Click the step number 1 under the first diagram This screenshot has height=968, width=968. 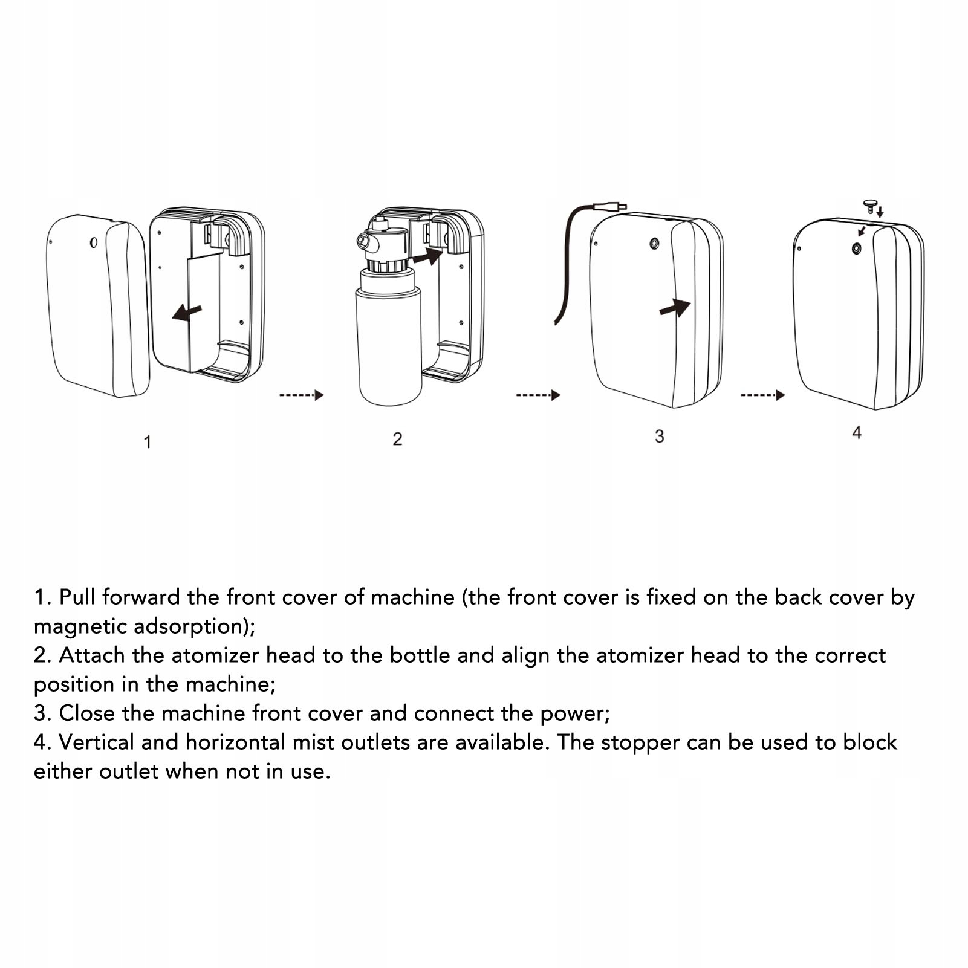point(148,442)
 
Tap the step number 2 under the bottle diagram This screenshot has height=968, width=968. point(397,439)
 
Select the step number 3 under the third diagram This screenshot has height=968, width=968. point(660,437)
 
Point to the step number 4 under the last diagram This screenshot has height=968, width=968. point(857,433)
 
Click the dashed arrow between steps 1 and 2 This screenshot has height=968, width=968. point(301,395)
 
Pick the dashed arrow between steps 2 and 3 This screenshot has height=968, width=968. point(538,395)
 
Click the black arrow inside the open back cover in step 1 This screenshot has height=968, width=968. point(187,312)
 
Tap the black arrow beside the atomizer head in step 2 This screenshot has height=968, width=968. point(427,256)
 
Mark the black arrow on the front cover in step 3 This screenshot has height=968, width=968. point(675,308)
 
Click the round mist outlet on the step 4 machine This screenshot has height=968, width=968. point(856,248)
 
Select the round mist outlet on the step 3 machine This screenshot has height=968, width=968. point(654,244)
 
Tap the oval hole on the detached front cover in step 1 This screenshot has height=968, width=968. point(94,242)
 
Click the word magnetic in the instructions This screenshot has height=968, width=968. point(80,626)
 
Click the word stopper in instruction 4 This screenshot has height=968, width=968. point(640,742)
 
